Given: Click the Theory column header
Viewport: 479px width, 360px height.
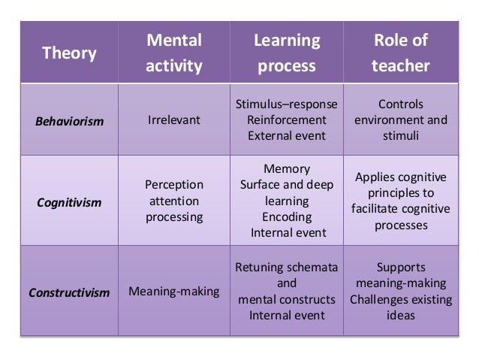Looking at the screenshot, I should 69,53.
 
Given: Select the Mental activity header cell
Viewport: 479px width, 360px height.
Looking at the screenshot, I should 174,53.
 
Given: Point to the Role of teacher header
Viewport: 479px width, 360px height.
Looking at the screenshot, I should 400,53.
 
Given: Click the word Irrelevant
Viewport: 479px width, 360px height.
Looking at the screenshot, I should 174,120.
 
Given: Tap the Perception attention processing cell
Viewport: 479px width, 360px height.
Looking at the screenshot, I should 174,201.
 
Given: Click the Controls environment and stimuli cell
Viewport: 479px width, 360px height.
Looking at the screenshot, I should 400,119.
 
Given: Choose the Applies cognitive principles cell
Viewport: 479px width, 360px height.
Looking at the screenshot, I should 400,201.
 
